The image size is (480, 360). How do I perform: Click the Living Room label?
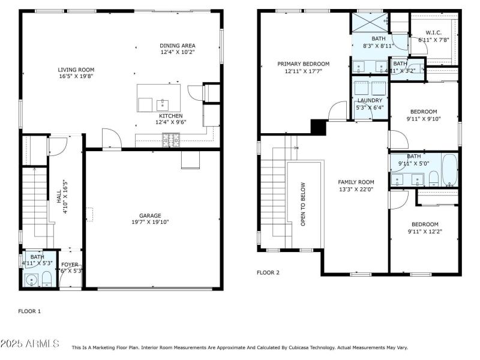pos(76,70)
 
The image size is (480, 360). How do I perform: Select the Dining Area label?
pos(177,46)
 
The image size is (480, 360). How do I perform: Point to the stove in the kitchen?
pos(170,142)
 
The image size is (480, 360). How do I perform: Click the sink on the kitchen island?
pos(160,104)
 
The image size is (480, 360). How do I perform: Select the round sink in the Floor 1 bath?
pos(31,279)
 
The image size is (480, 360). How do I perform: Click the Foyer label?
pos(70,264)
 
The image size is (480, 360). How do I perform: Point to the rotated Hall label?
pos(58,196)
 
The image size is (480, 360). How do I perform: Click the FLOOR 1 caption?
pos(29,311)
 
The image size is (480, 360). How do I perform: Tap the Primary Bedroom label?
pos(303,64)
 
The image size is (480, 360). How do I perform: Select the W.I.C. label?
pos(433,32)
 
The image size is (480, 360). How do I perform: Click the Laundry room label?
pos(370,100)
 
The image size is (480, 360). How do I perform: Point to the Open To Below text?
pos(304,204)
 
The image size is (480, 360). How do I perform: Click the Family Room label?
pos(356,182)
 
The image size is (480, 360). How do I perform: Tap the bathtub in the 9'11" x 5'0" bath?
pos(449,170)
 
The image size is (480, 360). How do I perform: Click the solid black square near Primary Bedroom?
pos(317,127)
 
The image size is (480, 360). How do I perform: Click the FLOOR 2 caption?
pos(268,272)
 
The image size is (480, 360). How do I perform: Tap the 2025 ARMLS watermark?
pos(30,344)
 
